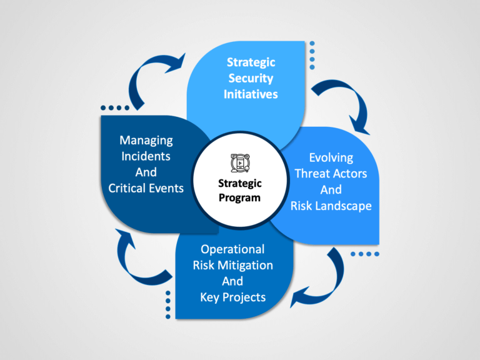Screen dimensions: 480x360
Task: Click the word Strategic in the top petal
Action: pos(251,62)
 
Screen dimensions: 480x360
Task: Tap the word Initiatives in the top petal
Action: pos(251,94)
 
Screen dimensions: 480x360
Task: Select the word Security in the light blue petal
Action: pos(251,79)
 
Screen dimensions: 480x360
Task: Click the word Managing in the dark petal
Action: pos(146,141)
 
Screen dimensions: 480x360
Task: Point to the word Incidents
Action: pos(146,156)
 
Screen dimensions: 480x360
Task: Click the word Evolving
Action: pos(331,158)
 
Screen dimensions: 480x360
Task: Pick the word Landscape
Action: pos(344,206)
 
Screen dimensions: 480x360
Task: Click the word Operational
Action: pos(232,250)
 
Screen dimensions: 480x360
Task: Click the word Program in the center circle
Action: pos(240,198)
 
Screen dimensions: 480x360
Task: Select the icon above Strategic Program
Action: pos(240,163)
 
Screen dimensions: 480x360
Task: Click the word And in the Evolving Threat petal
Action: pos(331,190)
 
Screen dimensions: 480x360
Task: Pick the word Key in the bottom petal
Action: pos(209,297)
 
